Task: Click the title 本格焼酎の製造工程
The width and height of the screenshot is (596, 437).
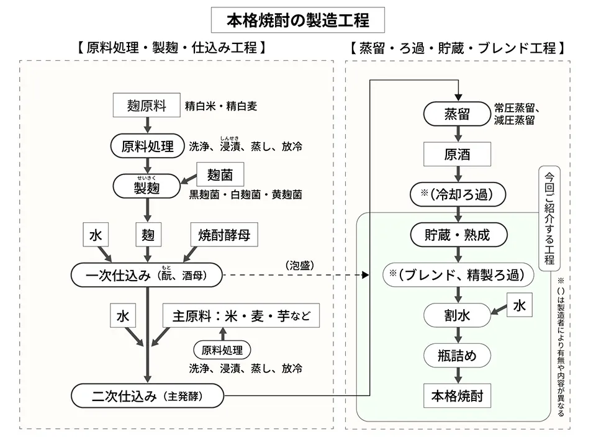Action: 297,20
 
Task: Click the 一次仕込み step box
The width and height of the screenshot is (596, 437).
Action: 147,274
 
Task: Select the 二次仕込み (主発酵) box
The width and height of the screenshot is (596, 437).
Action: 147,395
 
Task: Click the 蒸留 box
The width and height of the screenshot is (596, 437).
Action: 458,114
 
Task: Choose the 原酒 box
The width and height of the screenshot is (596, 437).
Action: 458,154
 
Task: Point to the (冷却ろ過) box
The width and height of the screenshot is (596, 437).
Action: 458,194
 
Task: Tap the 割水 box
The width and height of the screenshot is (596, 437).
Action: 458,315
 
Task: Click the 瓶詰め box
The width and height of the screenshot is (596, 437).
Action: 458,355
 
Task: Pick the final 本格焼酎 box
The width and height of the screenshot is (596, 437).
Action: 458,395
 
